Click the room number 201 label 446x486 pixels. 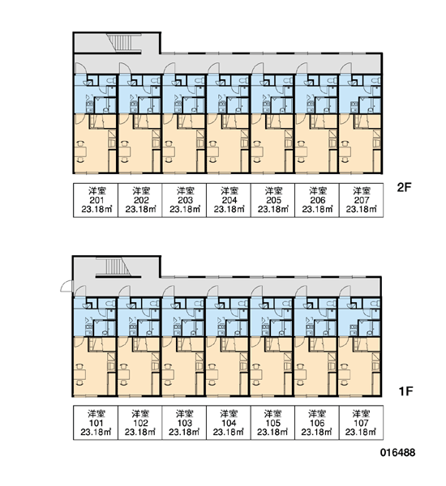pyautogui.click(x=96, y=200)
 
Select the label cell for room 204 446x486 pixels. pyautogui.click(x=229, y=200)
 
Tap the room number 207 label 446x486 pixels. pyautogui.click(x=362, y=200)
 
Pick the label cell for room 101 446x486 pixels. pyautogui.click(x=96, y=423)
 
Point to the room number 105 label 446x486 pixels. pyautogui.click(x=272, y=423)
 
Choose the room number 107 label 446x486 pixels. pyautogui.click(x=361, y=423)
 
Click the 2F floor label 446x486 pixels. pyautogui.click(x=404, y=187)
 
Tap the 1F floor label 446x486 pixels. pyautogui.click(x=405, y=391)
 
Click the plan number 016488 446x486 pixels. pyautogui.click(x=397, y=453)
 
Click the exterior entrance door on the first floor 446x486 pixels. pyautogui.click(x=66, y=286)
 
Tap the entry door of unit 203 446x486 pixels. pyautogui.click(x=169, y=68)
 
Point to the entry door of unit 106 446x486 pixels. pyautogui.click(x=301, y=292)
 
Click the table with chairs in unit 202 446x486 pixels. pyautogui.click(x=125, y=151)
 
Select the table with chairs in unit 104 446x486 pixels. pyautogui.click(x=212, y=374)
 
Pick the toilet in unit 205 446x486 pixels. pyautogui.click(x=288, y=81)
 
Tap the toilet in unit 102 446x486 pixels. pyautogui.click(x=155, y=304)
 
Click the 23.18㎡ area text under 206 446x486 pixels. pyautogui.click(x=317, y=209)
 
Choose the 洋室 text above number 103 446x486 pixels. pyautogui.click(x=184, y=413)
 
